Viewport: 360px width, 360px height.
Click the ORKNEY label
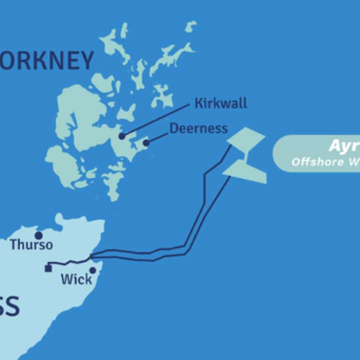(x=47, y=61)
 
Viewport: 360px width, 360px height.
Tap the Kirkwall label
(x=220, y=104)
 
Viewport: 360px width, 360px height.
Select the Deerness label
(x=198, y=128)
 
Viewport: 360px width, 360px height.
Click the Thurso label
(x=31, y=245)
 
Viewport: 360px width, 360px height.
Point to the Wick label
(x=76, y=279)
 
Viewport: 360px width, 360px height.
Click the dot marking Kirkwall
(x=121, y=136)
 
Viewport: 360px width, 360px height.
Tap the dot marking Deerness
(x=146, y=143)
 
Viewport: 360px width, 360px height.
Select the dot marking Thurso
(x=38, y=235)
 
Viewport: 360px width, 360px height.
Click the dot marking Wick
(x=92, y=270)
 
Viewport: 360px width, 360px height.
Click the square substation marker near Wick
(x=47, y=268)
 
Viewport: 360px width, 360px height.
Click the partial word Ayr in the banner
(x=343, y=146)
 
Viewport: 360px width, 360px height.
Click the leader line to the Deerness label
(x=157, y=137)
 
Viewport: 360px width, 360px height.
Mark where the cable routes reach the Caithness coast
(x=91, y=257)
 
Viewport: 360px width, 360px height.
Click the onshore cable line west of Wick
(x=67, y=262)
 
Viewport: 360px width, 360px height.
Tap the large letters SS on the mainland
(x=9, y=306)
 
